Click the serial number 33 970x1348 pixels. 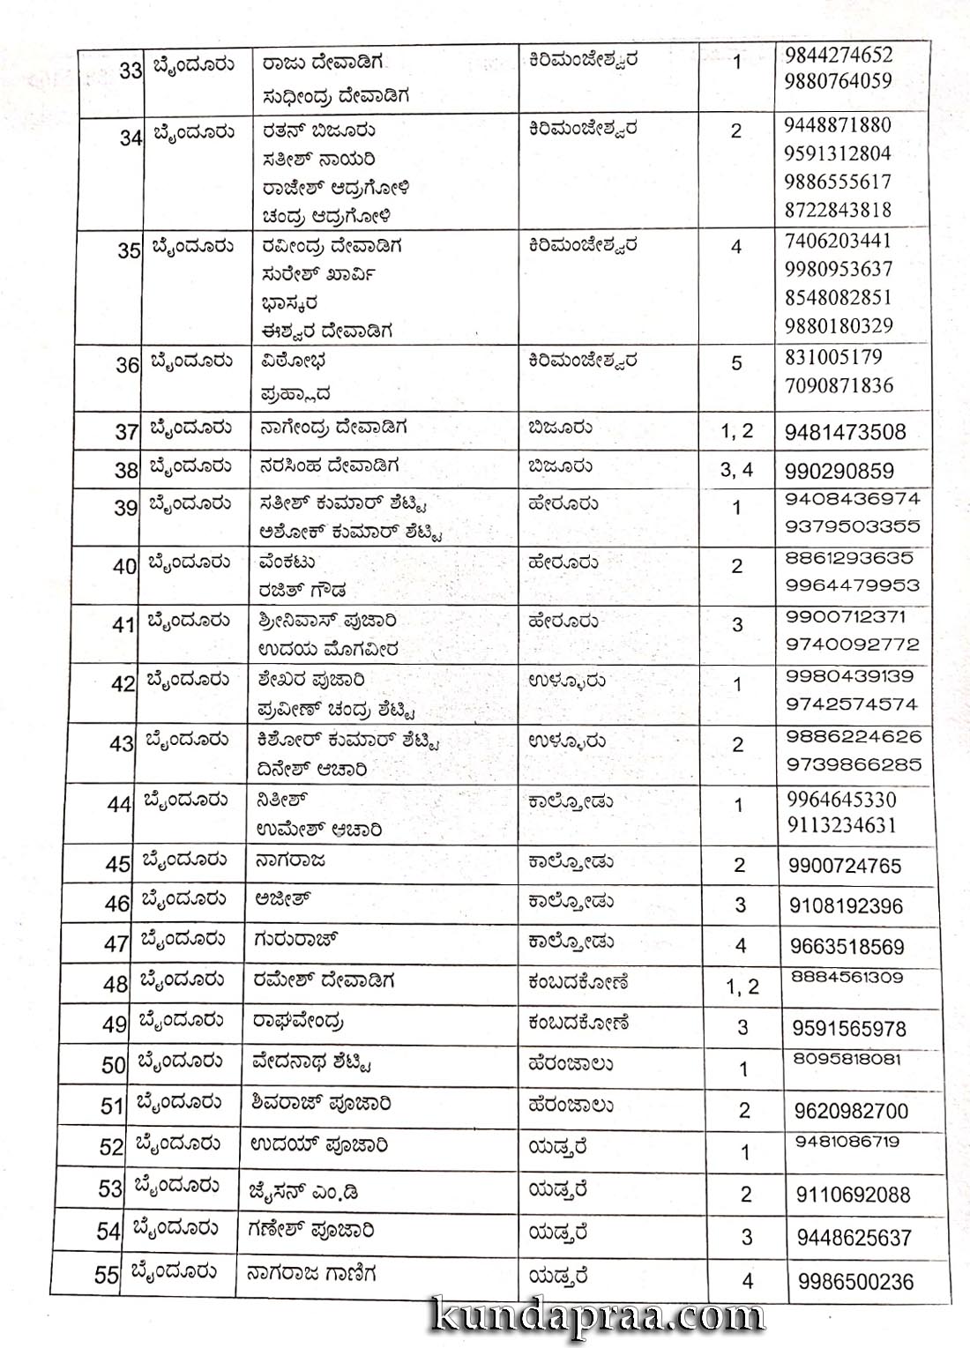pos(131,70)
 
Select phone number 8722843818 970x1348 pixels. pos(838,210)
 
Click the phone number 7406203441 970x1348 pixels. pos(838,241)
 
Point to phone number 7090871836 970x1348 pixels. pos(839,385)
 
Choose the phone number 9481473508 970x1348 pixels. pos(844,432)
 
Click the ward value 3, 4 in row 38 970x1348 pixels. pos(736,470)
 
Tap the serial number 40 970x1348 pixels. pos(124,567)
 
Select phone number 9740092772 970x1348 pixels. pos(853,644)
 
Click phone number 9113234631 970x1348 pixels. pos(841,825)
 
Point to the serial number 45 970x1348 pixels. pos(118,864)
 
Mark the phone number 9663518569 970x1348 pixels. pos(847,947)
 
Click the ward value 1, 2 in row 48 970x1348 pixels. pos(742,987)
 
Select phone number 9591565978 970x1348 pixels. pos(849,1028)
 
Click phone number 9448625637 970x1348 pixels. pos(854,1238)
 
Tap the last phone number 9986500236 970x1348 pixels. pos(855,1281)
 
